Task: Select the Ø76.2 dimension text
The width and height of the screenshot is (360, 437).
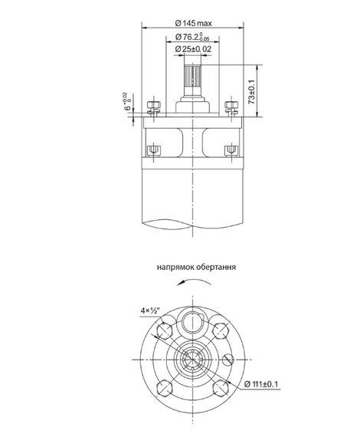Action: pyautogui.click(x=191, y=37)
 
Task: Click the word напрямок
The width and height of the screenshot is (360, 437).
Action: pyautogui.click(x=174, y=269)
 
